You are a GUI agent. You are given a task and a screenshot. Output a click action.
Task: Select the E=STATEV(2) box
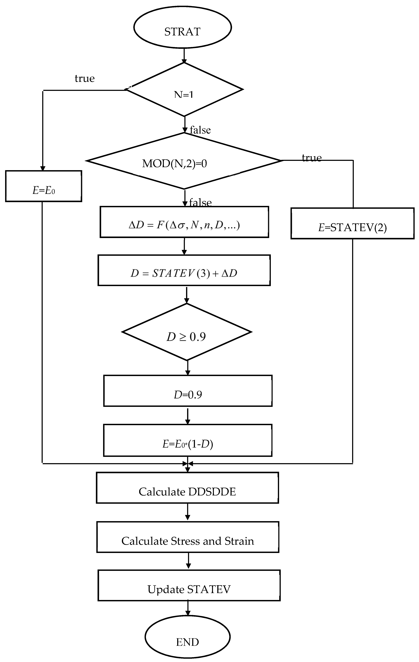click(x=352, y=223)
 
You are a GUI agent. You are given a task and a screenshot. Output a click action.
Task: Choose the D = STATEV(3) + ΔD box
click(x=184, y=270)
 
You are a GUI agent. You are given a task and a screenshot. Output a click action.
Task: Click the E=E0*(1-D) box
click(x=188, y=440)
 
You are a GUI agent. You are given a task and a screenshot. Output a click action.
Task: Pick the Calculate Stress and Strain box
click(x=188, y=537)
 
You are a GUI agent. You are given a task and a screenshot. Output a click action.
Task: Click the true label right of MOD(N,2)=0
click(x=312, y=158)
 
